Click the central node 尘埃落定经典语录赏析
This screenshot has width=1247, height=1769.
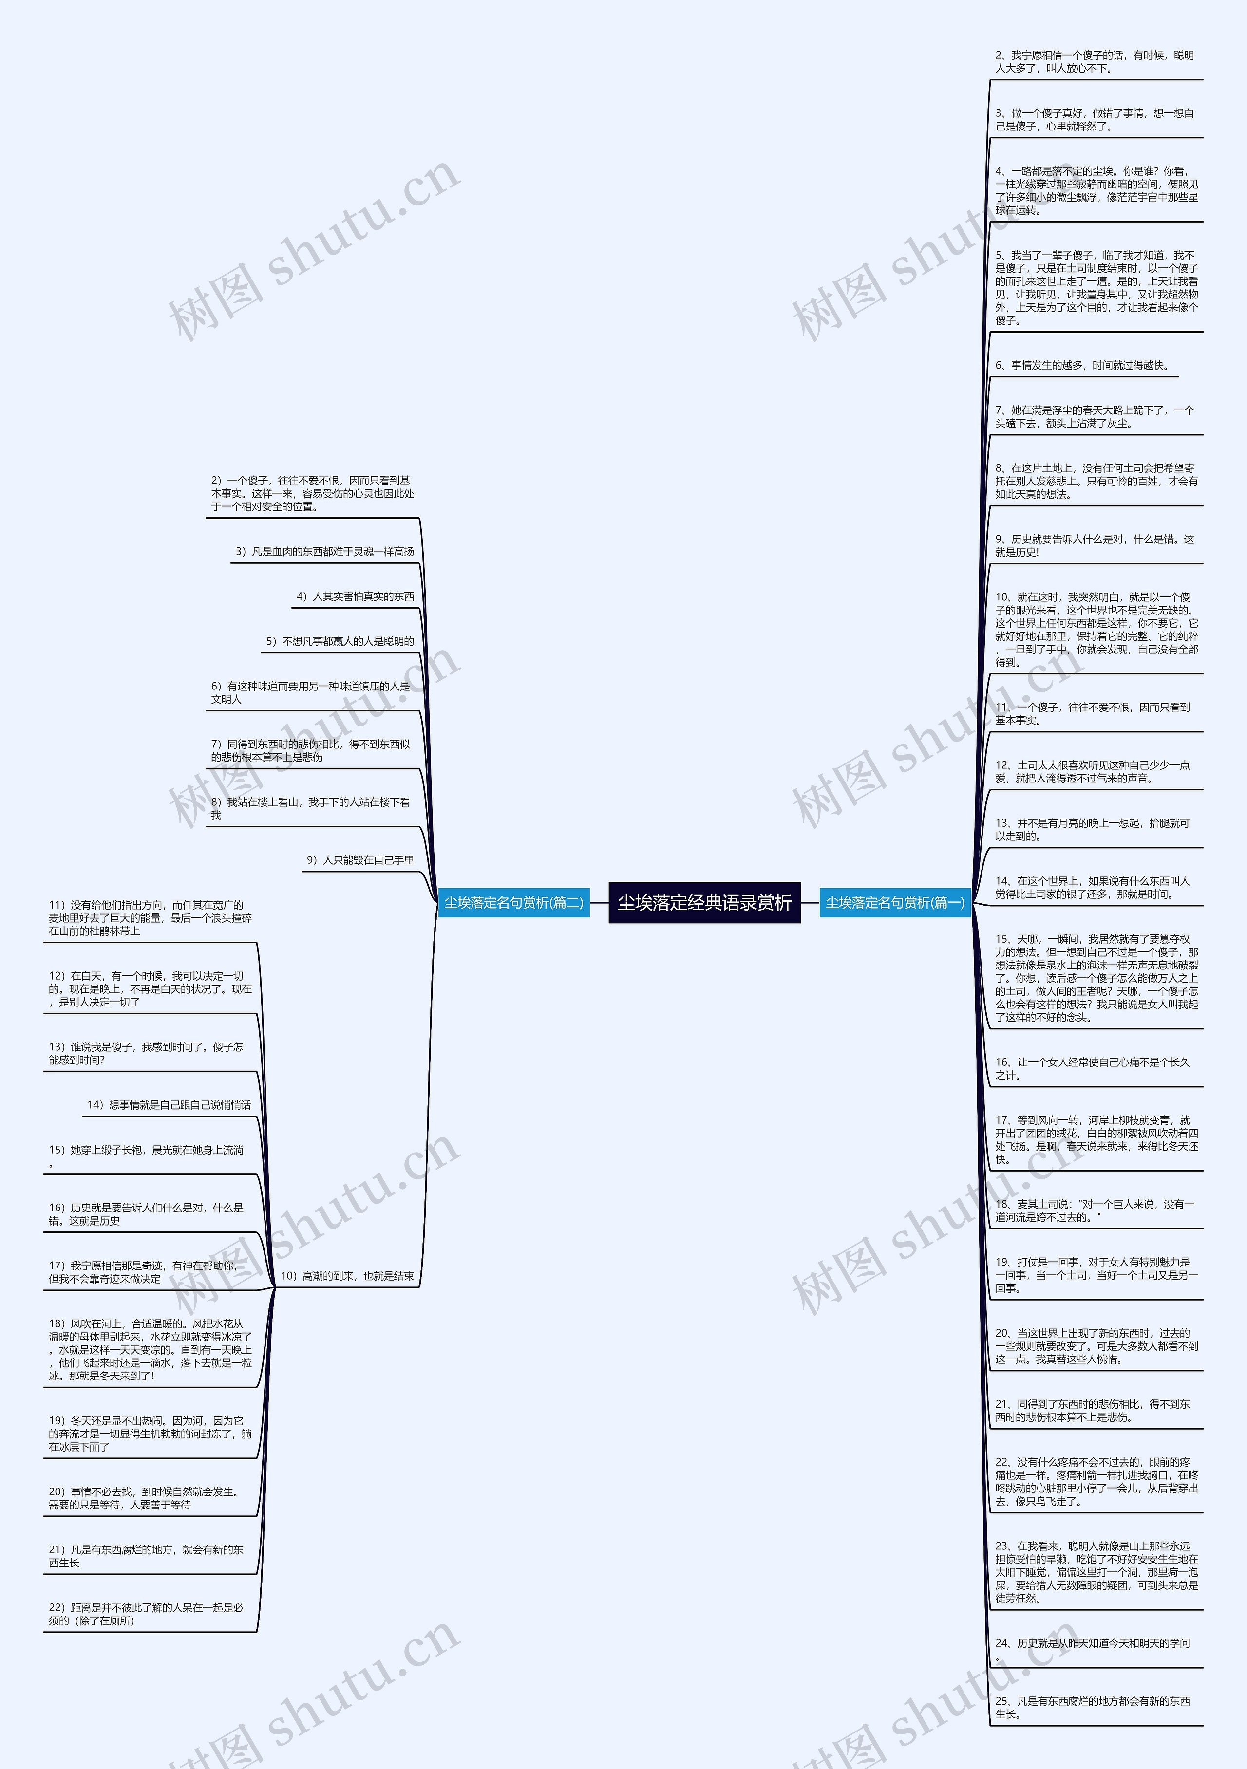pyautogui.click(x=704, y=902)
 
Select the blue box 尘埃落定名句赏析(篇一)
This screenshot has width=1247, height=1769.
pyautogui.click(x=895, y=902)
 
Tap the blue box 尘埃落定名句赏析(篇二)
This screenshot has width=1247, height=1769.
pyautogui.click(x=513, y=902)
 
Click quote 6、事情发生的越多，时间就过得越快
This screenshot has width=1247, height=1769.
pyautogui.click(x=1082, y=365)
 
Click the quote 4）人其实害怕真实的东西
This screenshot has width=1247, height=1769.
pyautogui.click(x=355, y=596)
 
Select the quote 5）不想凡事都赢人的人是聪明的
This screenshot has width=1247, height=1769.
pyautogui.click(x=340, y=641)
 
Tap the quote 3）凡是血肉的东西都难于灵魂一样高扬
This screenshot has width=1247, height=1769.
pyautogui.click(x=324, y=552)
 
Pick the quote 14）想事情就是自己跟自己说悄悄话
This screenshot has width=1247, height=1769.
pyautogui.click(x=169, y=1105)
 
